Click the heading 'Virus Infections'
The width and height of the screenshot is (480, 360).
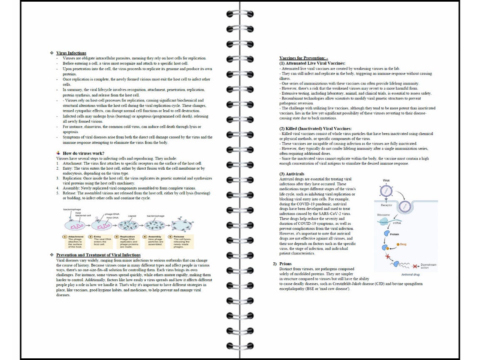pyautogui.click(x=71, y=53)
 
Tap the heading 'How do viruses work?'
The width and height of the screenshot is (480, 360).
pyautogui.click(x=83, y=153)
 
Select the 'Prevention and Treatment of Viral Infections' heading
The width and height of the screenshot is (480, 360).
pyautogui.click(x=98, y=255)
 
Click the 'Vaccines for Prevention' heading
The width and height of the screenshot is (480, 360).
pyautogui.click(x=304, y=58)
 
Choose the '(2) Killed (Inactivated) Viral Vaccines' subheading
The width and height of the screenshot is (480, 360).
pyautogui.click(x=315, y=128)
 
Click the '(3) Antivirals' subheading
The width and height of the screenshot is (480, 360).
pyautogui.click(x=292, y=174)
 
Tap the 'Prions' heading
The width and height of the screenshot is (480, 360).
pyautogui.click(x=285, y=264)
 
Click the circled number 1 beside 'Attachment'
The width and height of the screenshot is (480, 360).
pyautogui.click(x=65, y=237)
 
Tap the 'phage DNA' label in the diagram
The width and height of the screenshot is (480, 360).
pyautogui.click(x=112, y=214)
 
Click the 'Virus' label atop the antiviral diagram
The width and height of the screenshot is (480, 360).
pyautogui.click(x=386, y=180)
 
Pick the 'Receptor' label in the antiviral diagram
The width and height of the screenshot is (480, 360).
pyautogui.click(x=387, y=206)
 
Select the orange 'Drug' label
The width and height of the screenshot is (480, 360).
pyautogui.click(x=403, y=244)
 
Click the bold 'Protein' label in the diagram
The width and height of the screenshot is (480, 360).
pyautogui.click(x=395, y=234)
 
